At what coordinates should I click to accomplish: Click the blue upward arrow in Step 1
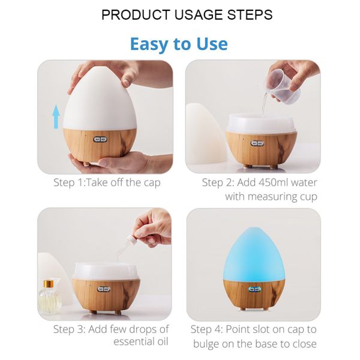coord(56,116)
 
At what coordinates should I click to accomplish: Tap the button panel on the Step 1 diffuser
coord(100,139)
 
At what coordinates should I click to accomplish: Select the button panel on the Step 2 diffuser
coord(257,143)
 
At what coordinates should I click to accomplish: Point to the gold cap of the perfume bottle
coord(49,284)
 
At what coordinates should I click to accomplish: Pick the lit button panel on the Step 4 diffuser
coord(254,289)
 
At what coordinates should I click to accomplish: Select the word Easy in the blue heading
coord(149,44)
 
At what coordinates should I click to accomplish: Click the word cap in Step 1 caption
coord(152,184)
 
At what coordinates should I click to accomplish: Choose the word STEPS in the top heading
coord(250,14)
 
